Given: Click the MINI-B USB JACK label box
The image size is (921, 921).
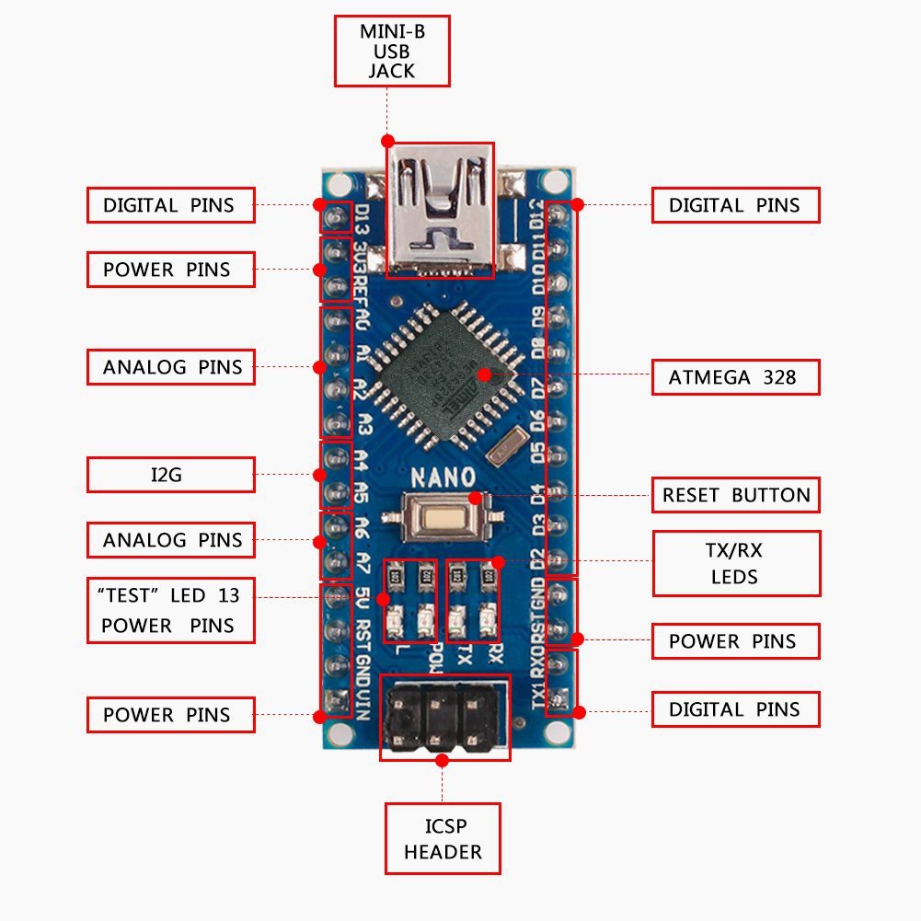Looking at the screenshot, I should click(x=391, y=52).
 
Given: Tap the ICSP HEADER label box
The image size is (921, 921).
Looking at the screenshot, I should click(x=443, y=838).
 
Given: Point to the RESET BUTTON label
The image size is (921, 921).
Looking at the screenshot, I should click(x=735, y=495).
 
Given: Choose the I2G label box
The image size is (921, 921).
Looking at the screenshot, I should click(x=171, y=475).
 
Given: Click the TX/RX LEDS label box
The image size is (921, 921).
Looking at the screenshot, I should click(x=736, y=563).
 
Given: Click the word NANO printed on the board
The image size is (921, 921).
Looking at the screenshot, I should click(x=443, y=478).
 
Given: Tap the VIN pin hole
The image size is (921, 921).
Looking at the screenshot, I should click(x=336, y=699).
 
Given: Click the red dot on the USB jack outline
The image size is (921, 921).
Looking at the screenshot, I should click(x=387, y=141).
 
